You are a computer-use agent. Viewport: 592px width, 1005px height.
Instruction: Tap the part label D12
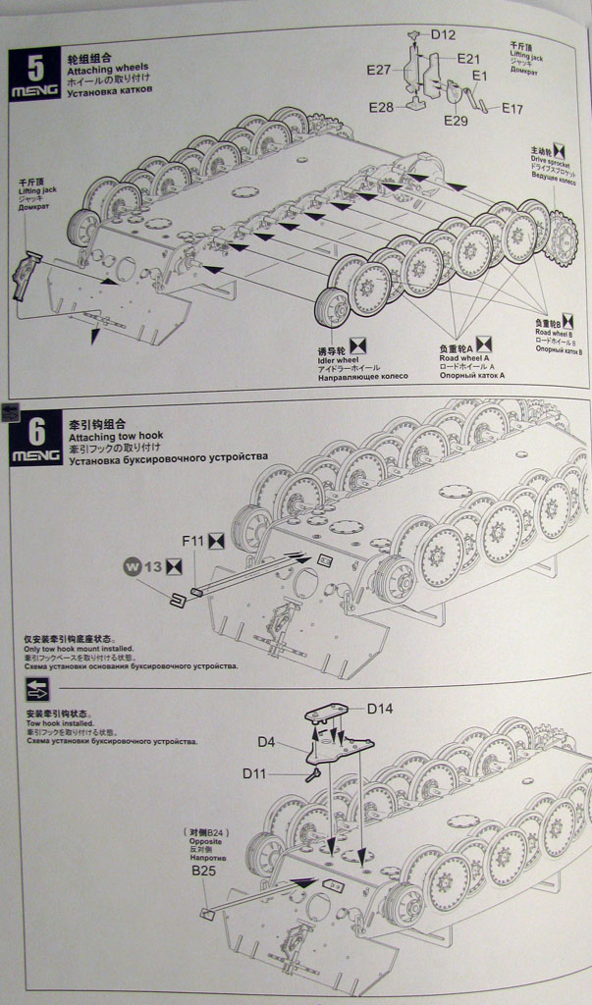(443, 35)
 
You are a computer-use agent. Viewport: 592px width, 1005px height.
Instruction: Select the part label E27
(379, 70)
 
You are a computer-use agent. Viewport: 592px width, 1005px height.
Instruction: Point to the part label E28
(381, 107)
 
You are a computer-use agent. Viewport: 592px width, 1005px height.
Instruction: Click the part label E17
(512, 109)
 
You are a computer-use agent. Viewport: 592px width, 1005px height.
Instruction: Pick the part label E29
(456, 121)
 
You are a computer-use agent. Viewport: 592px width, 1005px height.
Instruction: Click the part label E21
(468, 59)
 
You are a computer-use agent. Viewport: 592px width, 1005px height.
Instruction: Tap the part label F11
(190, 540)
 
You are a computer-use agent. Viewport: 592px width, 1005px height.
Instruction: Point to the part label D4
(267, 742)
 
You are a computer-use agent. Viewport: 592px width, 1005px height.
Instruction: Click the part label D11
(254, 773)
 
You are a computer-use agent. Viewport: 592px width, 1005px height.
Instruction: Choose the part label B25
(203, 871)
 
